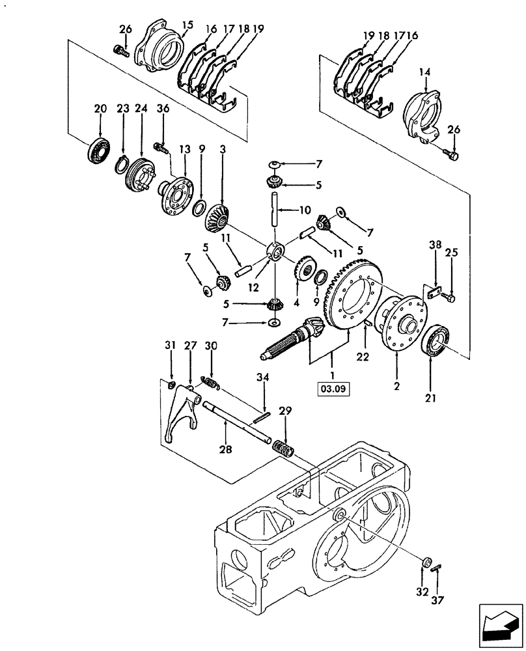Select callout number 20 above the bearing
pos(100,111)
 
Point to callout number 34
pos(262,376)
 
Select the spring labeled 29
pos(283,449)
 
